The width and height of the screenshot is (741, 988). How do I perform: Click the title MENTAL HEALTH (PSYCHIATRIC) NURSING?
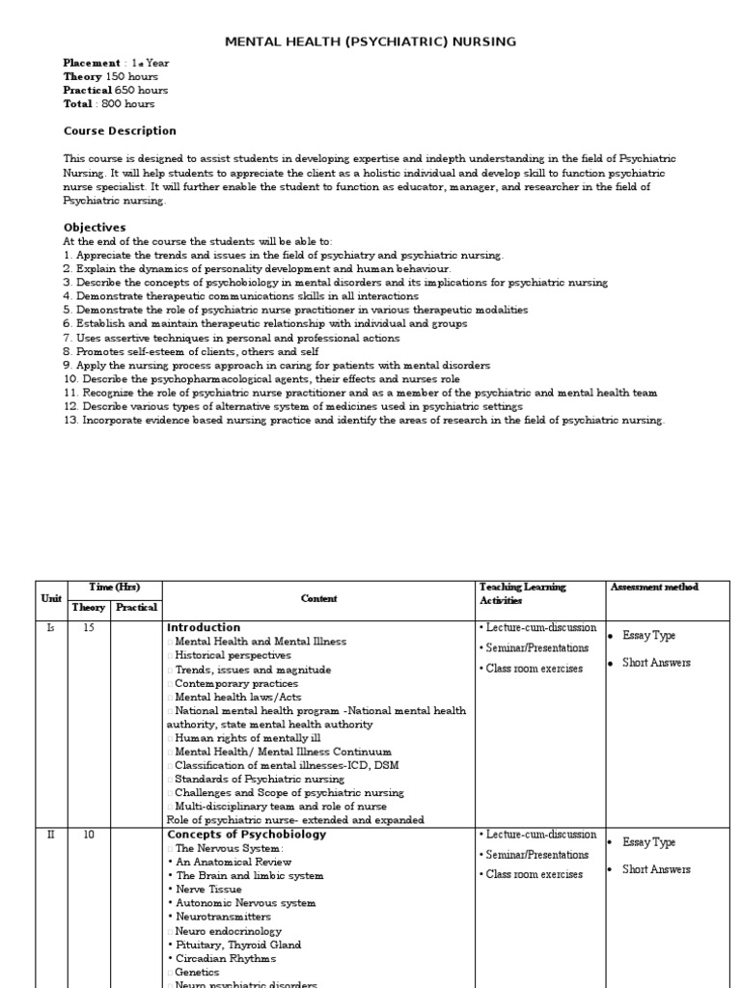pos(370,41)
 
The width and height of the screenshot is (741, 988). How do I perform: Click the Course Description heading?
pos(120,131)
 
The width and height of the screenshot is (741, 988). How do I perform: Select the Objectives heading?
pos(95,228)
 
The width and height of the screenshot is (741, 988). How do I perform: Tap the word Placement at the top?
pos(93,64)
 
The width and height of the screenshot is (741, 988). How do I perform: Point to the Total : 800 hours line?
pos(109,104)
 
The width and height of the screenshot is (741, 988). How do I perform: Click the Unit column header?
pos(51,598)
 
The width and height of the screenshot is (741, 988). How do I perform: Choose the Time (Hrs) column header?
pos(114,587)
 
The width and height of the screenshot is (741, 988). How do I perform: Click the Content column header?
pos(318,598)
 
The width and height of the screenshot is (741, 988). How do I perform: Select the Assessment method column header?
pos(654,587)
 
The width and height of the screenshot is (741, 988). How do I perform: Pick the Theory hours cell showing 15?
pos(89,628)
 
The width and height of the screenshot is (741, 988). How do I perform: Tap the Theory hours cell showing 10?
pos(89,836)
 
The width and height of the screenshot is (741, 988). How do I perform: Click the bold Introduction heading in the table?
pos(204,627)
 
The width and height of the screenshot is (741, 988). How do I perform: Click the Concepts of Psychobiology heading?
pos(247,835)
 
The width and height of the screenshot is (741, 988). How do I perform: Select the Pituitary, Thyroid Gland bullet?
pos(238,946)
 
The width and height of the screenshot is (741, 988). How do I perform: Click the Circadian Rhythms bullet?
pos(225,959)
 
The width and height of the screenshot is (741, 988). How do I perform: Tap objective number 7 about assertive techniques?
pos(232,339)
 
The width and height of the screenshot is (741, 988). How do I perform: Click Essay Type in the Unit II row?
pos(649,842)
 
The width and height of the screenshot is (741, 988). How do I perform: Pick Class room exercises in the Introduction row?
pos(535,669)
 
